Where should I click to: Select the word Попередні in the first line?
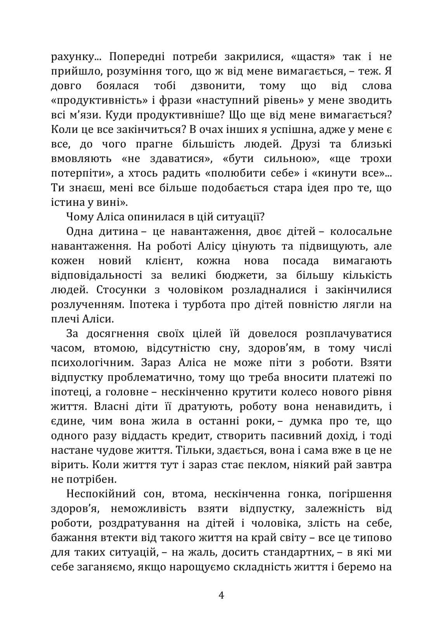tap(137, 57)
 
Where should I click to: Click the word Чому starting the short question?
tap(80, 217)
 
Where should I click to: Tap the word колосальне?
tap(360, 231)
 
